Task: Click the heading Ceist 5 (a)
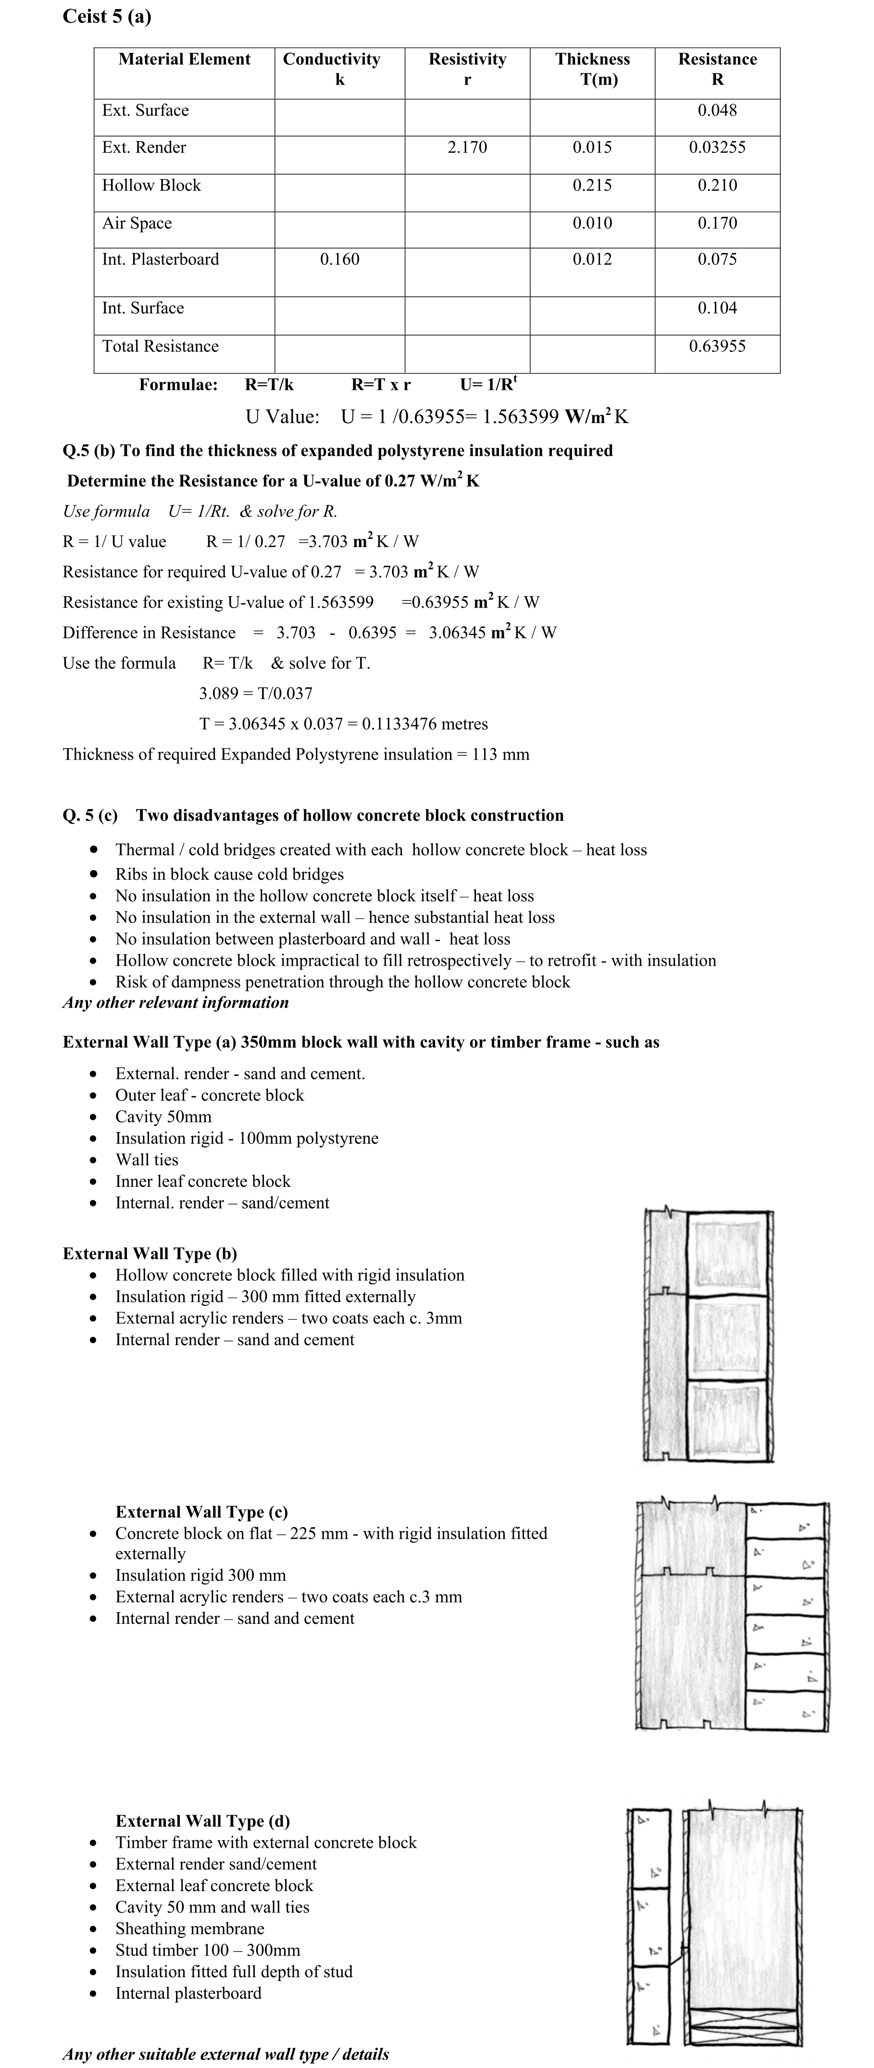point(107,17)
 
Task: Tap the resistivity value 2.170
point(467,148)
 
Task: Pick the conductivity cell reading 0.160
point(339,259)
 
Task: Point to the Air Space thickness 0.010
point(592,223)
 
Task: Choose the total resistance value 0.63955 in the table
point(717,347)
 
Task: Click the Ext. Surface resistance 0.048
point(717,111)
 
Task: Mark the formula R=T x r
point(381,385)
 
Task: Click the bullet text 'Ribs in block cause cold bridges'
point(229,874)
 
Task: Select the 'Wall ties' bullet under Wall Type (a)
point(147,1160)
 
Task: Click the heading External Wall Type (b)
point(150,1254)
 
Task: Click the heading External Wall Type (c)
point(201,1512)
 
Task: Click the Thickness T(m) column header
point(592,69)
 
